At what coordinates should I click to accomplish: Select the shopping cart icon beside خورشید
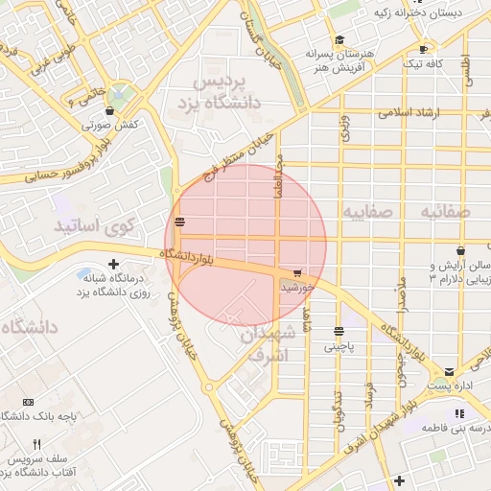(298, 274)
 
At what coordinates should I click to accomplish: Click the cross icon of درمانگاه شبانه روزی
(114, 264)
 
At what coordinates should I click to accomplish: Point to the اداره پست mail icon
(449, 371)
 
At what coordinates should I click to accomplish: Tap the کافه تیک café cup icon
(423, 49)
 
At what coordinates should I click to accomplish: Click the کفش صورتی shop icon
(109, 110)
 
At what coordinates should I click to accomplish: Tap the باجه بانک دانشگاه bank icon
(28, 401)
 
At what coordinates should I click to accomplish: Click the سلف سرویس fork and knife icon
(37, 444)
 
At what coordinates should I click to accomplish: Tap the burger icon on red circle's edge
(180, 222)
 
